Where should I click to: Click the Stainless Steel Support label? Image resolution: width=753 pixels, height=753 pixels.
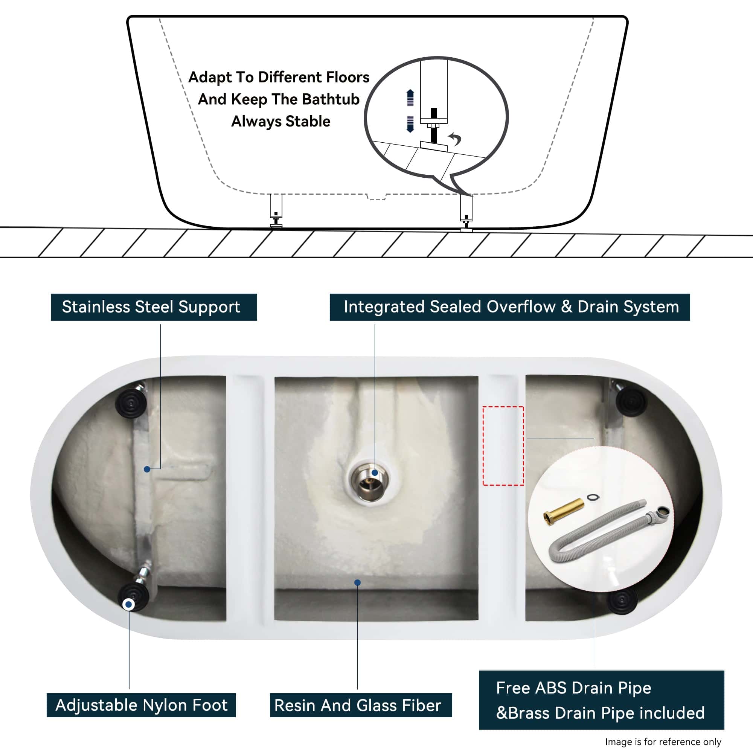tap(154, 307)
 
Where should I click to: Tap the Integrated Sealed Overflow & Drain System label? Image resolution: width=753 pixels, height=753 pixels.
tap(510, 307)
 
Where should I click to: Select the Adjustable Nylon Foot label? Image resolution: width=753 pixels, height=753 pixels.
tap(141, 705)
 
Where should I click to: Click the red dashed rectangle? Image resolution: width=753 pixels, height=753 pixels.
tap(503, 446)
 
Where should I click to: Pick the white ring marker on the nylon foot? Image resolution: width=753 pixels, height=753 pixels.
tap(129, 605)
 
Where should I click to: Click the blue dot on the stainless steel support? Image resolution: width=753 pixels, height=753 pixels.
tap(147, 469)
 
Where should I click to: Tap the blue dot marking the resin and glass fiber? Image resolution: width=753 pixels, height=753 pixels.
tap(357, 583)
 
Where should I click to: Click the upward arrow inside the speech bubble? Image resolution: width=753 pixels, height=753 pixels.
tap(410, 98)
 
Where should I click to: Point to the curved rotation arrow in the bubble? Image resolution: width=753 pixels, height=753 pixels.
tap(455, 138)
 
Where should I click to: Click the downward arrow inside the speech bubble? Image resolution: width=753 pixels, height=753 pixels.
tap(410, 124)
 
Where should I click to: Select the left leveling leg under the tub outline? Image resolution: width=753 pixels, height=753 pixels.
tap(276, 210)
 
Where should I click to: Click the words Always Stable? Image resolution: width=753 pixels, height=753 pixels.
tap(280, 122)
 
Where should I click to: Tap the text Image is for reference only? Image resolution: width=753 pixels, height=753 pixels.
tap(663, 742)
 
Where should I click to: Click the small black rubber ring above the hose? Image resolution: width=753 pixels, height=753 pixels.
tap(593, 497)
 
